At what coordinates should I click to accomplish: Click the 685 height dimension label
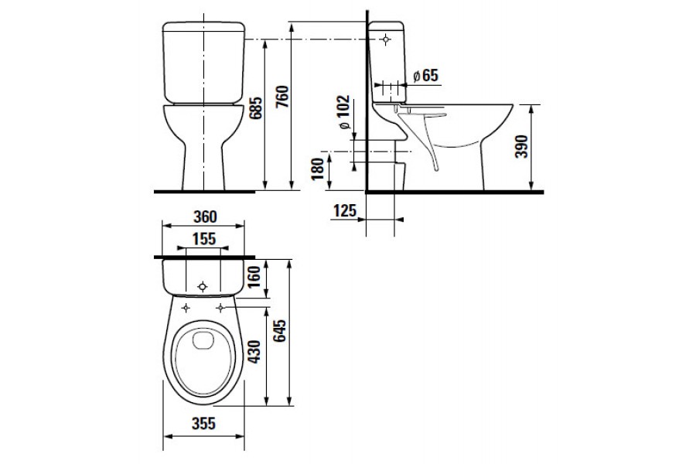[x=255, y=108]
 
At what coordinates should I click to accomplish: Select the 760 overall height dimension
[x=282, y=96]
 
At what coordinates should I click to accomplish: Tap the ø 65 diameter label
[x=425, y=76]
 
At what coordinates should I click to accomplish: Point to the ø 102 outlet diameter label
[x=343, y=113]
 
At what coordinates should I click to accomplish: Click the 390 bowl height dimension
[x=521, y=146]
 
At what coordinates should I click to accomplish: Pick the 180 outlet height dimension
[x=318, y=169]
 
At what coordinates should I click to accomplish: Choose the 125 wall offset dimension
[x=345, y=210]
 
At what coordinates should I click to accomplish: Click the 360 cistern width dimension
[x=205, y=217]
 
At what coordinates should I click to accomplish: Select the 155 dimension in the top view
[x=203, y=239]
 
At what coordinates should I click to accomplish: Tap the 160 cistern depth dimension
[x=254, y=277]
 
